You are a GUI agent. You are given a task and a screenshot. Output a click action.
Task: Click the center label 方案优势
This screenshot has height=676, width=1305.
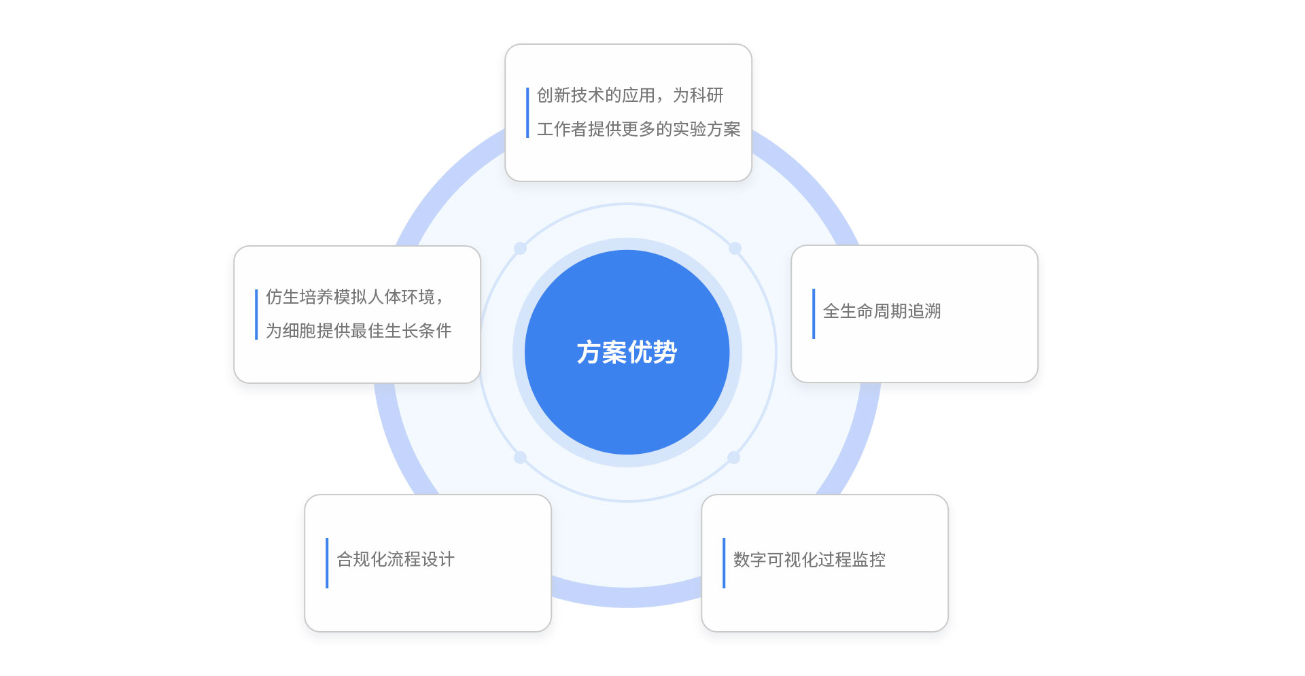[x=627, y=352]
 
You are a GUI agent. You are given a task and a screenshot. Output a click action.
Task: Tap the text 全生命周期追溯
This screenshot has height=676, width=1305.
[x=882, y=311]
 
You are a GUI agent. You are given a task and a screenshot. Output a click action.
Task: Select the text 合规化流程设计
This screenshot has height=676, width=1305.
[x=396, y=559]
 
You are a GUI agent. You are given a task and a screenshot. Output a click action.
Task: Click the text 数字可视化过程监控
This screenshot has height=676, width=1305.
[x=809, y=559]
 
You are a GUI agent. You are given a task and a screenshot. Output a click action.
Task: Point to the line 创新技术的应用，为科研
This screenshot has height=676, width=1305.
[x=630, y=95]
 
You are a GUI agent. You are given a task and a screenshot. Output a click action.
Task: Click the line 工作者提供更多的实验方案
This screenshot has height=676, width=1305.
[x=638, y=129]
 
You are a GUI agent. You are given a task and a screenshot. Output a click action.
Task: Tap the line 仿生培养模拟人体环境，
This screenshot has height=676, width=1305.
[x=354, y=297]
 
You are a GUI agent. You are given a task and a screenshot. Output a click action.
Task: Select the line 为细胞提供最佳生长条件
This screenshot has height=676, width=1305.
[x=358, y=331]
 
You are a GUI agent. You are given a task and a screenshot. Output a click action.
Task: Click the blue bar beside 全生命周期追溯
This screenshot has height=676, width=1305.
[x=814, y=314]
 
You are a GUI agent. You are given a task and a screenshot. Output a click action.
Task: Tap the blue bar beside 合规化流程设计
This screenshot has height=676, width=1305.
[x=327, y=563]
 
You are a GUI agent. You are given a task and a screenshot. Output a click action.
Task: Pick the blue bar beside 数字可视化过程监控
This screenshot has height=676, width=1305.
[x=724, y=563]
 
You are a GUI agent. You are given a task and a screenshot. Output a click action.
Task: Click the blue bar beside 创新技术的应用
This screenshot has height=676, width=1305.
[x=527, y=113]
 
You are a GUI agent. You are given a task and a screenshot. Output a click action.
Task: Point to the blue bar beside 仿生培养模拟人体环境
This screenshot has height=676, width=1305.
[x=256, y=315]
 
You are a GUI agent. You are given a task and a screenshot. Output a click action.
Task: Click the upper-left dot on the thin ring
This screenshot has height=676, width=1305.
[x=521, y=249]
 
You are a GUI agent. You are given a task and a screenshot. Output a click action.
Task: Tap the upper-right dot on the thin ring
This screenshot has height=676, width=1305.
[x=735, y=249]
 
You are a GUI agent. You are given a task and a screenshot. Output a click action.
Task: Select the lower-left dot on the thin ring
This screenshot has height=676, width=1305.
[x=521, y=457]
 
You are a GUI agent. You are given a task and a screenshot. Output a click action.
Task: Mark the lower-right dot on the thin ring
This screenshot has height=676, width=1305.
[x=734, y=457]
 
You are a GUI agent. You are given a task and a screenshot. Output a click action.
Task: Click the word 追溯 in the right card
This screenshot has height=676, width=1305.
[x=924, y=311]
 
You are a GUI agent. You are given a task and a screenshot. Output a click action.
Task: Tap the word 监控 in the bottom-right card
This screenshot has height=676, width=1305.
[x=869, y=559]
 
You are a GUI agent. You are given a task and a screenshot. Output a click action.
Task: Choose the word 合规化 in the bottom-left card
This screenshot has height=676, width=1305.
[x=362, y=559]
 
